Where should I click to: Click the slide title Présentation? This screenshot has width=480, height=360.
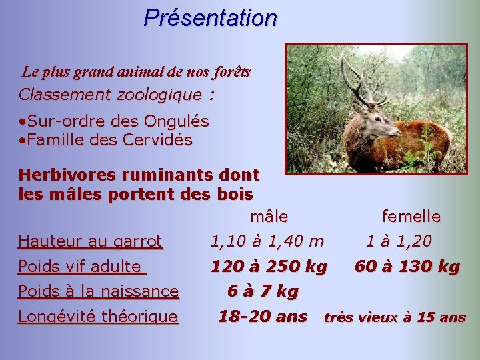click(x=210, y=17)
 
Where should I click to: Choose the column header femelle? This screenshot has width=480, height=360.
click(x=411, y=217)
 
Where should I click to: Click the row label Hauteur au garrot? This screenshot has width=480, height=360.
click(x=90, y=241)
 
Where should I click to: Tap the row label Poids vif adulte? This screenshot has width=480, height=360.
click(x=81, y=267)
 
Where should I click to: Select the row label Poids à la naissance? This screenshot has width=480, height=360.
click(x=98, y=291)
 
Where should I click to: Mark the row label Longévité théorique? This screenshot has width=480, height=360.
click(x=98, y=317)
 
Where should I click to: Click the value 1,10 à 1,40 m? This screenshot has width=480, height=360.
click(x=267, y=241)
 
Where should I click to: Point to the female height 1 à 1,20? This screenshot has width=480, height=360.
click(x=398, y=241)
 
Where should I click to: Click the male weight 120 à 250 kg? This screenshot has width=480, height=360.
click(x=269, y=267)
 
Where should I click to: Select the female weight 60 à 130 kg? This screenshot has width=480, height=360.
click(x=407, y=267)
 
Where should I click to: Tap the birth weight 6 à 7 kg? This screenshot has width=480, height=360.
click(x=263, y=291)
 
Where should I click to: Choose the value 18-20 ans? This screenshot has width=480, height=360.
click(x=263, y=316)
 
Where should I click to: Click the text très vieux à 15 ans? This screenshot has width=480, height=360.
click(x=395, y=317)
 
